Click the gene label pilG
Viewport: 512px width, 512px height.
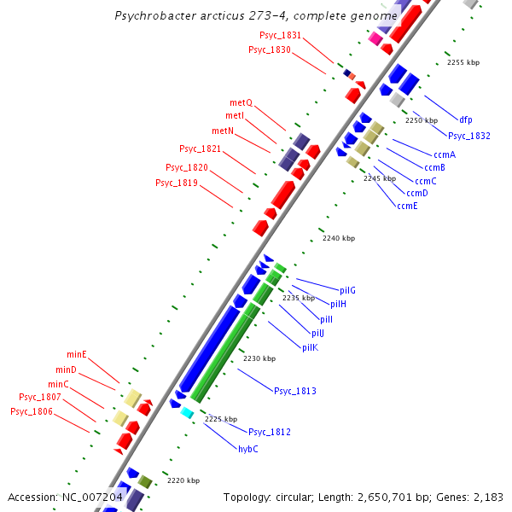347,290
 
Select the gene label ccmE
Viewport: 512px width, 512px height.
407,206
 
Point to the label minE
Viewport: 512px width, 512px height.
77,354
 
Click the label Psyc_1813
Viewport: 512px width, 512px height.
294,391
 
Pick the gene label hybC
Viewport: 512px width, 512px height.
247,449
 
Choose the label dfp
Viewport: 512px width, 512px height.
465,119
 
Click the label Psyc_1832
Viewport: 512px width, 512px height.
469,136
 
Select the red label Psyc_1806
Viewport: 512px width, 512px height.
32,411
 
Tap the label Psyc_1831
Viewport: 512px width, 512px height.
280,35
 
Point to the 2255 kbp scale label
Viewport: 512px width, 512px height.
463,62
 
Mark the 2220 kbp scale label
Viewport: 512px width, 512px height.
183,481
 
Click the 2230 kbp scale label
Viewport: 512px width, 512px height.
259,359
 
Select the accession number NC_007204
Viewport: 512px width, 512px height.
92,497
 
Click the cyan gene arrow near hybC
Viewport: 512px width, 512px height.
186,413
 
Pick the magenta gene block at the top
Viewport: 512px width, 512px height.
375,38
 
